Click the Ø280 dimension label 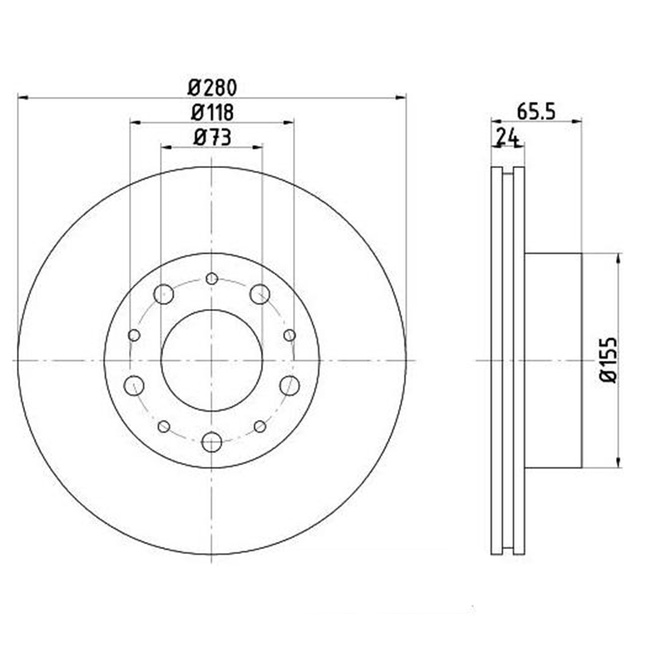(212, 88)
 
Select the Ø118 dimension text (212, 112)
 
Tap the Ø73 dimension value (212, 137)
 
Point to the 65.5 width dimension (536, 111)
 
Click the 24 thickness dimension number (507, 136)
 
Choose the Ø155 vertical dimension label (609, 360)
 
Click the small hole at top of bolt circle (212, 279)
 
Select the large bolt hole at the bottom (212, 442)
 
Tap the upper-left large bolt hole (164, 294)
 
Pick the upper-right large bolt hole (260, 294)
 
